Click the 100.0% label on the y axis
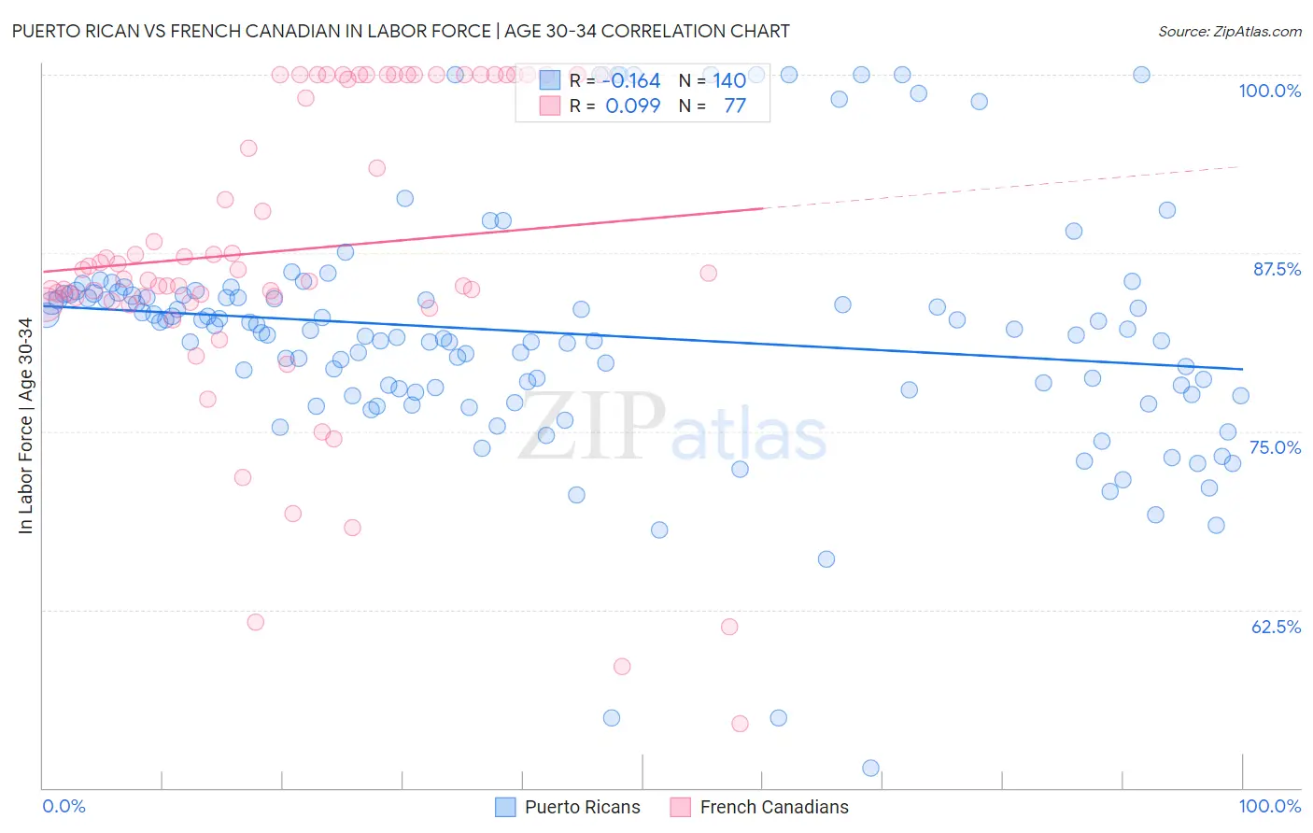[x=1269, y=91]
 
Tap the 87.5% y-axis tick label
[x=1277, y=269]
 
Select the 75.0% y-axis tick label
[x=1275, y=447]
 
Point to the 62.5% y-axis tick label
[x=1276, y=627]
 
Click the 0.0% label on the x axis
[x=64, y=806]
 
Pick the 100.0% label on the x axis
[x=1269, y=806]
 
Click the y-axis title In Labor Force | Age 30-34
[x=25, y=426]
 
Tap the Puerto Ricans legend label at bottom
[x=582, y=807]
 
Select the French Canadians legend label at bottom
[x=774, y=807]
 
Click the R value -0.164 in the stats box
[x=631, y=81]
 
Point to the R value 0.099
[x=632, y=106]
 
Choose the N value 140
[x=729, y=81]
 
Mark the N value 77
[x=735, y=106]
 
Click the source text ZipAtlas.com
[x=1230, y=31]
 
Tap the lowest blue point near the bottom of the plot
[x=870, y=768]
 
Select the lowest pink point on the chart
[x=740, y=724]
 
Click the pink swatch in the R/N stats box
[x=550, y=106]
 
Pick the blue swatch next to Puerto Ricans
[x=505, y=807]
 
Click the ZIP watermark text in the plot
[x=591, y=426]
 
